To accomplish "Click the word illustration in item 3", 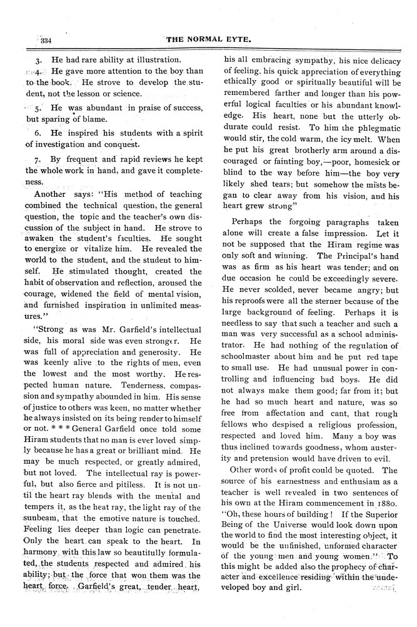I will coord(152,60).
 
